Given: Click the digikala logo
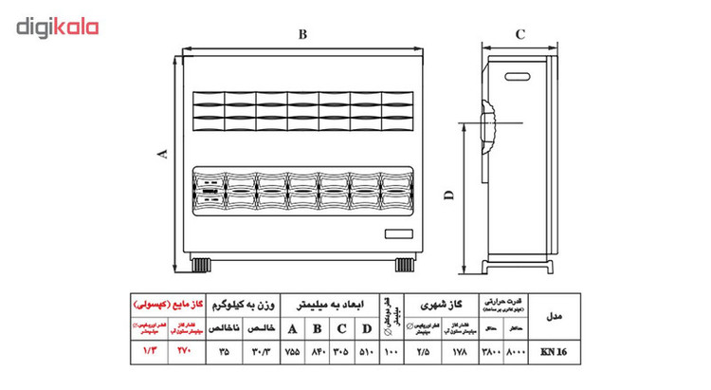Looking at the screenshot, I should coord(58,28).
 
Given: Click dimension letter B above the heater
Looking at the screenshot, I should coord(301,35).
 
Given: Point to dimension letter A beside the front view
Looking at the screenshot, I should coord(162,155).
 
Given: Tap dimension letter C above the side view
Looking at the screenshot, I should coord(520,35).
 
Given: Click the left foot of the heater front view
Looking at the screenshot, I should coord(203,262).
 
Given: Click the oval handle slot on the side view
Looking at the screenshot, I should coord(520,72).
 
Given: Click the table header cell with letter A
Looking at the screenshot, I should coord(291,329).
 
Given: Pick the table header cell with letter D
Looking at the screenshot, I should coord(364,329).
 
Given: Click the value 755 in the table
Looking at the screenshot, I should coord(291,351).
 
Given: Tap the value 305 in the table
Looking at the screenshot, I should coord(339,351).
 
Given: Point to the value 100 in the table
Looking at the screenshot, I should coord(390,351).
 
